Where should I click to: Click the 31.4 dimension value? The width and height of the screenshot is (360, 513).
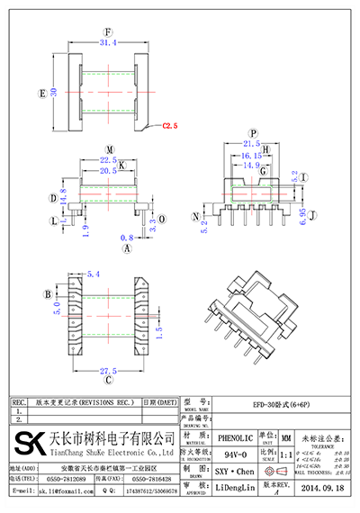tap(108, 42)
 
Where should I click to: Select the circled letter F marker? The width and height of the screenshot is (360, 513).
tap(108, 31)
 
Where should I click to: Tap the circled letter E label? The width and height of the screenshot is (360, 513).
tap(42, 93)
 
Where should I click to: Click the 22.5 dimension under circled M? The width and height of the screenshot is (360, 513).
tap(108, 160)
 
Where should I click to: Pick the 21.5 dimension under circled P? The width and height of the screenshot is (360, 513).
tap(253, 143)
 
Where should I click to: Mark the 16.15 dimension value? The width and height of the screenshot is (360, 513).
tap(251, 155)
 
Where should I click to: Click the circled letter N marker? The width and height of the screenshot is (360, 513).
tap(195, 217)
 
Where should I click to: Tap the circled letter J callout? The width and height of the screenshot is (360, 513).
tap(313, 215)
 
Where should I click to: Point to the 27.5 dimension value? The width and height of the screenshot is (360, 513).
tap(108, 371)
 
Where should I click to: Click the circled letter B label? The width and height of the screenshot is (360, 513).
tap(47, 294)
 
